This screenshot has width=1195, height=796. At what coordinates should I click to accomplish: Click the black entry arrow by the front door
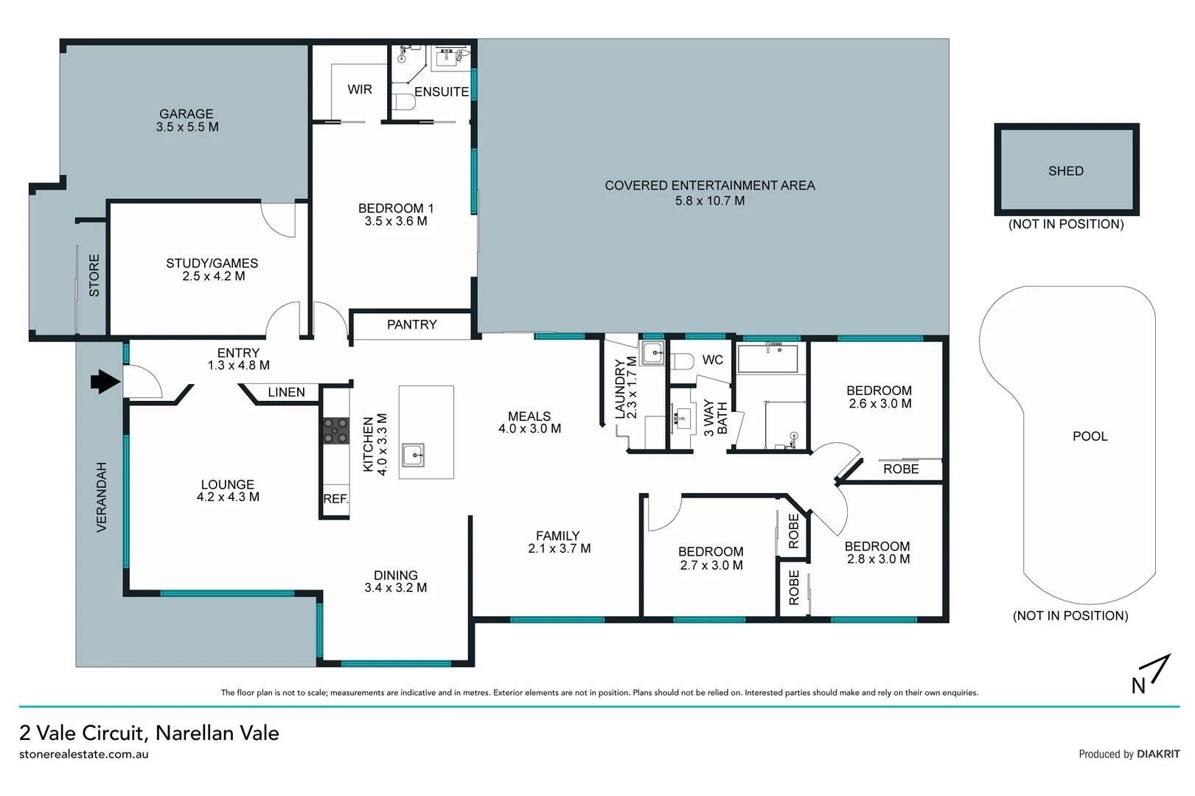tap(105, 381)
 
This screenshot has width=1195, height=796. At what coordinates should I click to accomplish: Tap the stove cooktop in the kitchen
tap(336, 430)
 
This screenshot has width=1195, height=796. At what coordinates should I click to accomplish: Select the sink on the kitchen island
tap(413, 455)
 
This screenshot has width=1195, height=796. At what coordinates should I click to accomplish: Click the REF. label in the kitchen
tap(335, 499)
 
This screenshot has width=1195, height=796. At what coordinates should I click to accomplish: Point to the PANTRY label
tap(411, 324)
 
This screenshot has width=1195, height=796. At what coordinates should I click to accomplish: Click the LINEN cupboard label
tap(286, 392)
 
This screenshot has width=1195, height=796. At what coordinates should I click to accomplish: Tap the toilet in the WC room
tap(682, 361)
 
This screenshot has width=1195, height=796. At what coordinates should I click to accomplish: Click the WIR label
tap(360, 89)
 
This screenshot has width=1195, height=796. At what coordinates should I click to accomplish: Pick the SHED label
tap(1065, 171)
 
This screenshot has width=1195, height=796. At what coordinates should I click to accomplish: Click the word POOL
tap(1090, 436)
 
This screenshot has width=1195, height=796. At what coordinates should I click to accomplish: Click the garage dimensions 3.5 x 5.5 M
tap(187, 127)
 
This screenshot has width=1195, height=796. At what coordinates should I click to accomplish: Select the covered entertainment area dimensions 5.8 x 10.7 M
tap(709, 200)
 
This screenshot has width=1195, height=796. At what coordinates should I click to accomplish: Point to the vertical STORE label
tap(94, 276)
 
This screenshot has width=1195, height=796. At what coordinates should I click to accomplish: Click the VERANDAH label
tap(102, 497)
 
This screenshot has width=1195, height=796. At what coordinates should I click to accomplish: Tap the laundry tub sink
tap(652, 353)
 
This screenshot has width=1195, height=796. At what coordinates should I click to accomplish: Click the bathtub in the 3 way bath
tap(767, 358)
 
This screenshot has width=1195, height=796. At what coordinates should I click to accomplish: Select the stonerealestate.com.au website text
tap(84, 754)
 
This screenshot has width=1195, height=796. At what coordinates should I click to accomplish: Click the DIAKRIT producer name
tap(1158, 754)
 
